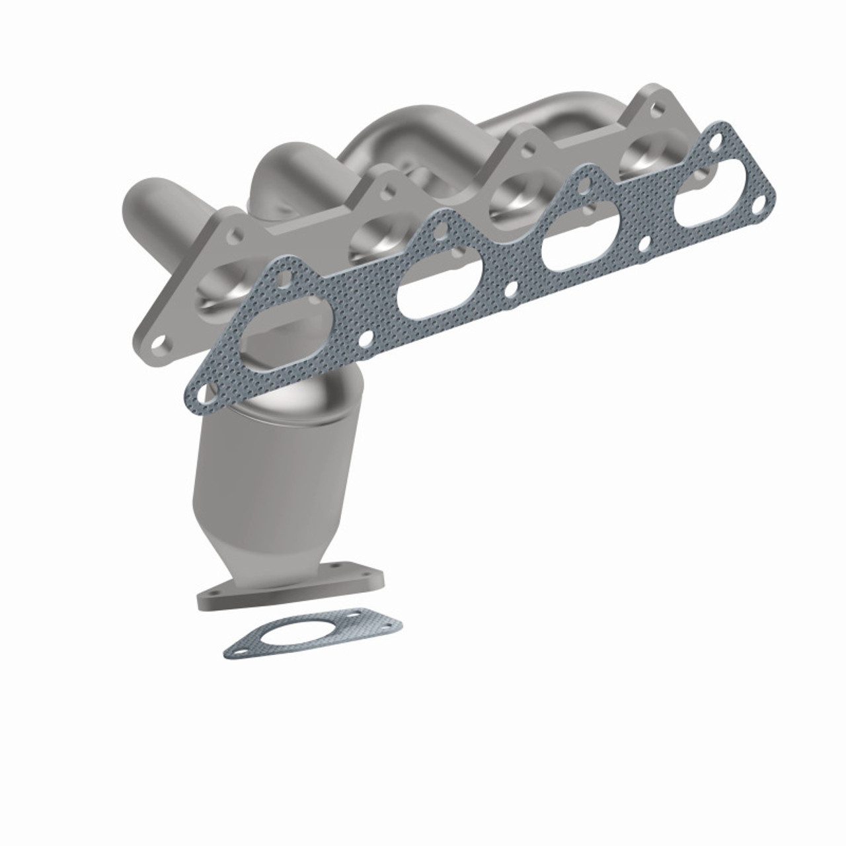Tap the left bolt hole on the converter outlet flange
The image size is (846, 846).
pos(215,594)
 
